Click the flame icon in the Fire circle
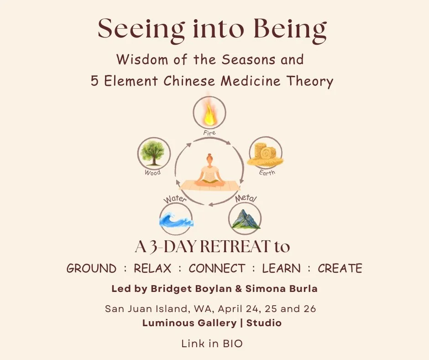point(210,114)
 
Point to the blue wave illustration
point(176,219)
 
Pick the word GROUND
point(91,268)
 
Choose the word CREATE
point(340,268)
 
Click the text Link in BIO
point(212,344)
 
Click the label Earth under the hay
point(267,173)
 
